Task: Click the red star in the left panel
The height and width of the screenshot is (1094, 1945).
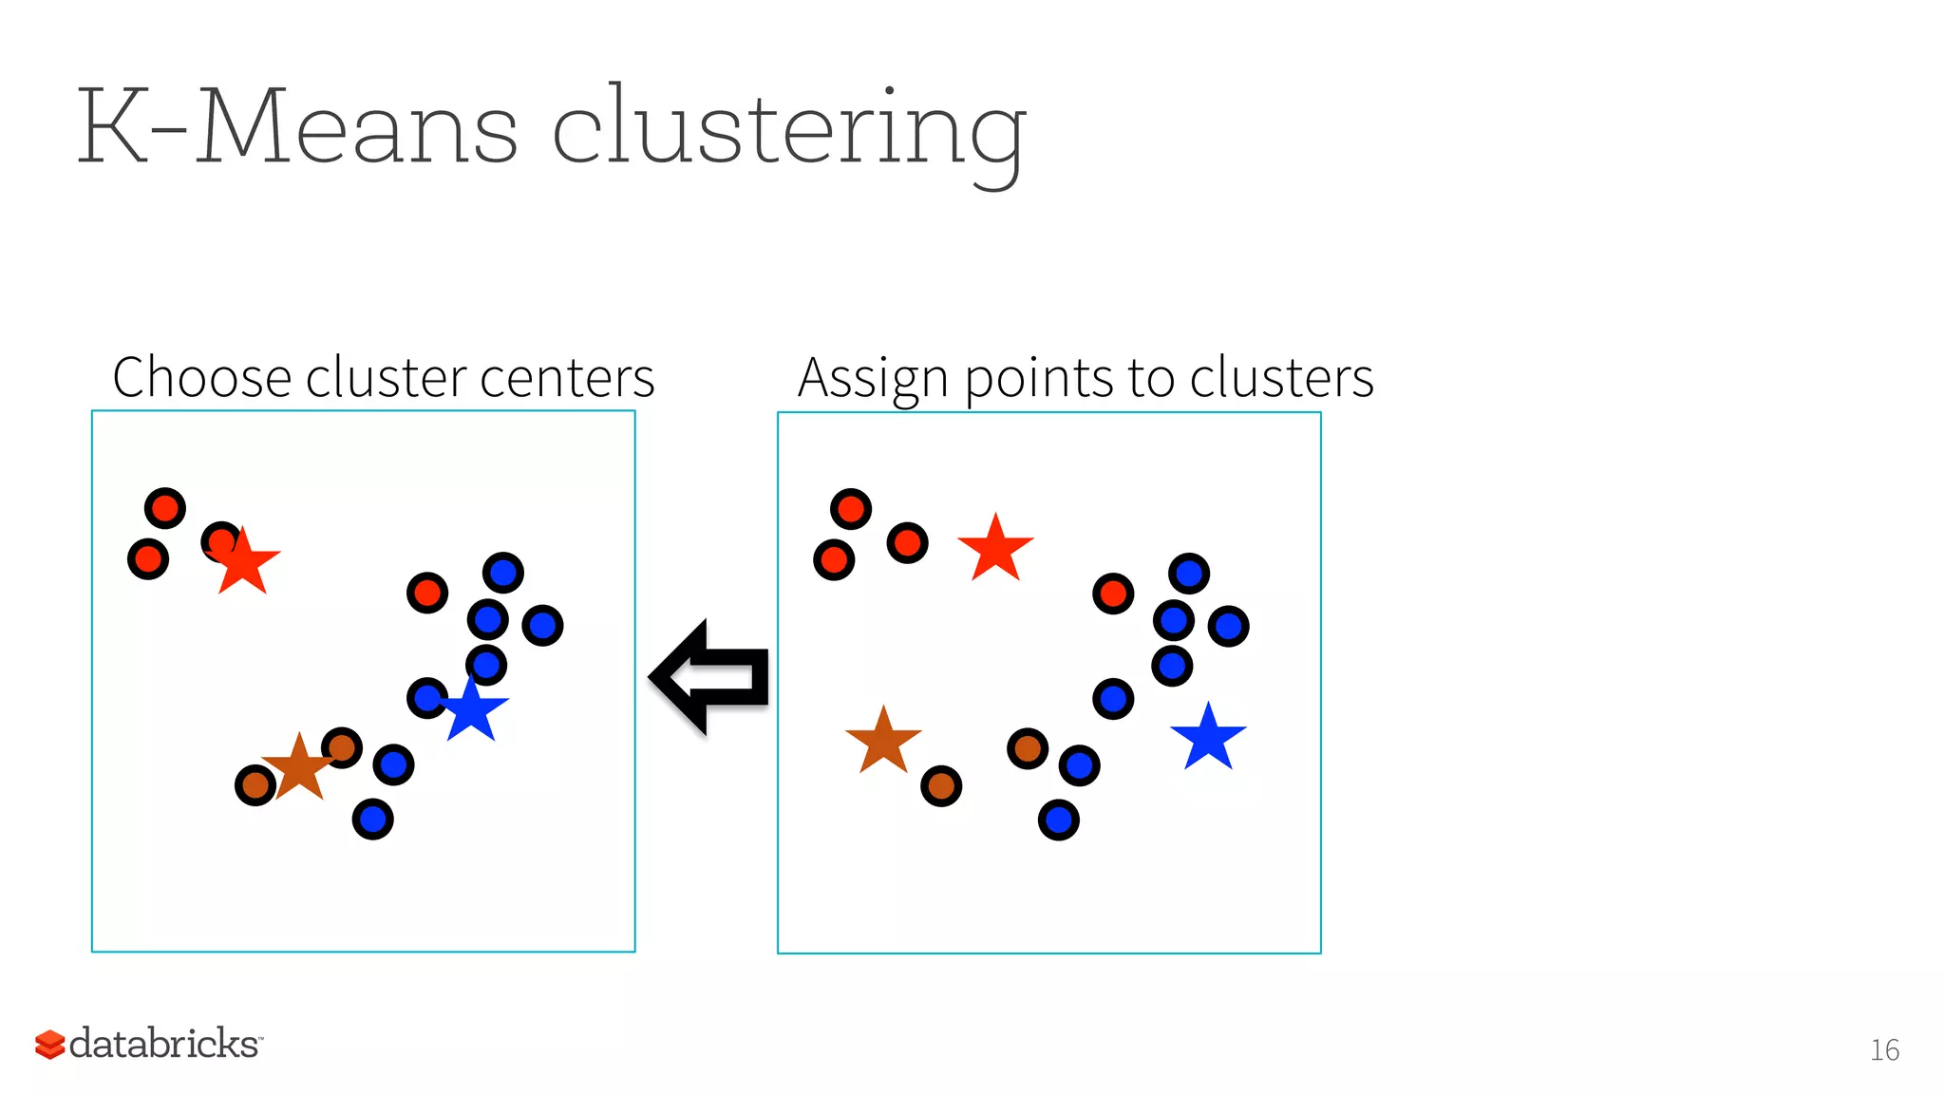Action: point(243,563)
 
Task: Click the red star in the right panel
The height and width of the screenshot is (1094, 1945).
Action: point(995,549)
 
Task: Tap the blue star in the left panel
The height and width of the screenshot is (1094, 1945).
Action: point(472,710)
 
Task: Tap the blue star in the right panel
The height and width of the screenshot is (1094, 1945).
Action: point(1208,738)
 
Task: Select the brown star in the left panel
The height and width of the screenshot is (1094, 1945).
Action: point(299,767)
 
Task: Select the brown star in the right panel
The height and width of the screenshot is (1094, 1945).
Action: point(883,742)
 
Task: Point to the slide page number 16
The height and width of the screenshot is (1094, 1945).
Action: point(1884,1049)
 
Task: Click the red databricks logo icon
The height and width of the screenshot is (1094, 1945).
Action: point(49,1044)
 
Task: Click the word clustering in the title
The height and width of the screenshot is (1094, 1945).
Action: point(788,128)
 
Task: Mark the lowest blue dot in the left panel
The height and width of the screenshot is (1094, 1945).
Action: point(372,819)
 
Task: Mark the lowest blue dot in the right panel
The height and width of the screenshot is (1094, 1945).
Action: point(1058,820)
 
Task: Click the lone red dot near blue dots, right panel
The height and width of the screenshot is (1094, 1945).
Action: point(1113,594)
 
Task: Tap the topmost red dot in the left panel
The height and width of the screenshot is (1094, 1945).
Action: point(165,508)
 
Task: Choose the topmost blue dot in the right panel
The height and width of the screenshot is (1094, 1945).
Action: point(1189,574)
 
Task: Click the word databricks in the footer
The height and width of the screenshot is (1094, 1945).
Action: point(163,1044)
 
